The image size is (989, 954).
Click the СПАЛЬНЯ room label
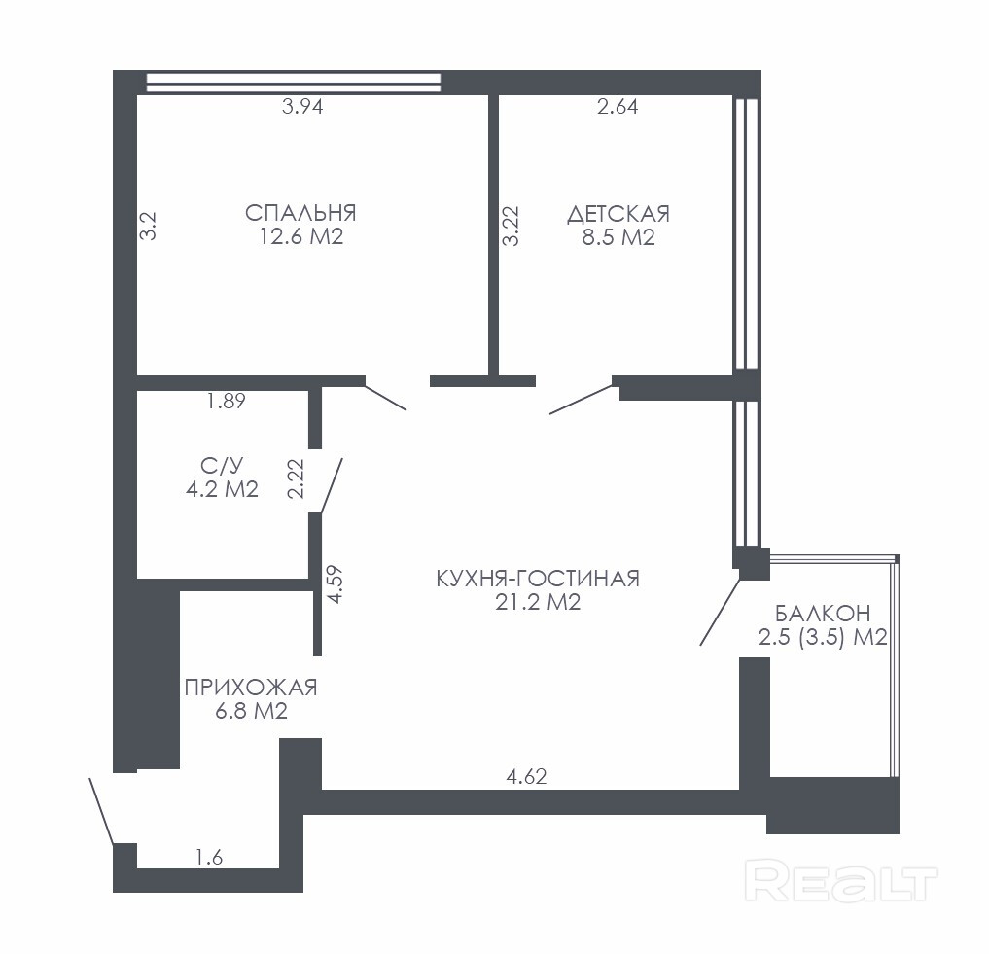pyautogui.click(x=300, y=213)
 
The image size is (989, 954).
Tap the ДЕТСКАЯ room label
pyautogui.click(x=618, y=214)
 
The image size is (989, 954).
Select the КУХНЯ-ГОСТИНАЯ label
pyautogui.click(x=538, y=578)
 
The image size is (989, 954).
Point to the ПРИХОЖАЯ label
pyautogui.click(x=251, y=687)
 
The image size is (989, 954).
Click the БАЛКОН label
pyautogui.click(x=823, y=613)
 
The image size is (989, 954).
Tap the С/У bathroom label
pyautogui.click(x=222, y=466)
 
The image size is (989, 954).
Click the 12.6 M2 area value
pyautogui.click(x=301, y=236)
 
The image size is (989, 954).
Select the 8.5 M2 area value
pyautogui.click(x=618, y=237)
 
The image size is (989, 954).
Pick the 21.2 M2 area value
pyautogui.click(x=538, y=602)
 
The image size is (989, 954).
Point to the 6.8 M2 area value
pyautogui.click(x=251, y=711)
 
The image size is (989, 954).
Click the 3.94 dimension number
pyautogui.click(x=302, y=107)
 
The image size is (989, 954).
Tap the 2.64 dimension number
pyautogui.click(x=618, y=107)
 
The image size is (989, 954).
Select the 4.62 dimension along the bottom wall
pyautogui.click(x=527, y=775)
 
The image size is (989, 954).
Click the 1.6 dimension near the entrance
pyautogui.click(x=209, y=858)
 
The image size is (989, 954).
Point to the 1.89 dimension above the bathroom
pyautogui.click(x=226, y=401)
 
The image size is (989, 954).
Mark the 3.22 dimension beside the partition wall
pyautogui.click(x=511, y=226)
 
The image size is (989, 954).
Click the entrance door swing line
pyautogui.click(x=101, y=811)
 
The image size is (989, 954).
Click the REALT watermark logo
pyautogui.click(x=841, y=881)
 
